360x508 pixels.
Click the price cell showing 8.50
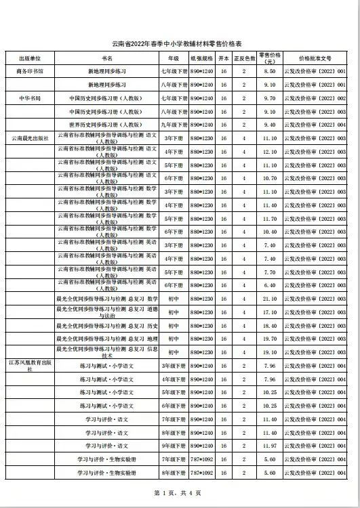pos(269,70)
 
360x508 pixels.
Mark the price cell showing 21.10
pos(269,299)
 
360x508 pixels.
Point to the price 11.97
pos(269,446)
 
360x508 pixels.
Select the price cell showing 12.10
pos(269,152)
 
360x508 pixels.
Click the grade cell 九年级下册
pos(173,125)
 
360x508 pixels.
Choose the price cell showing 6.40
pos(269,285)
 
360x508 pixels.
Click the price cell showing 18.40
pos(269,326)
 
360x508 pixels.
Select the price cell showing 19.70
pos(269,339)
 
